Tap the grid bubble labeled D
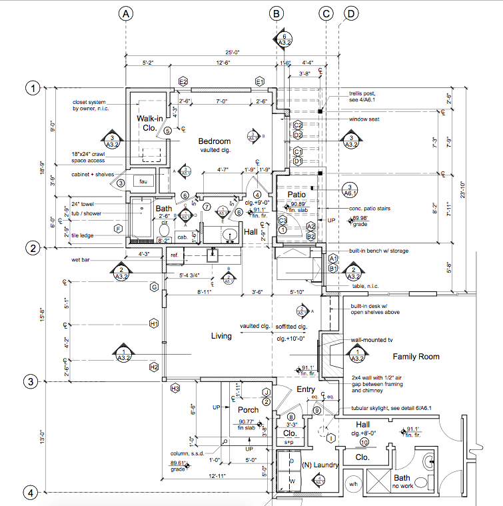coord(350,13)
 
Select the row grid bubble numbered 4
coord(30,493)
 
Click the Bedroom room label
coord(214,141)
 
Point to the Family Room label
coord(416,357)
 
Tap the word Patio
coord(296,194)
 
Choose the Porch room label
coord(248,409)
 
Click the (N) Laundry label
coord(320,465)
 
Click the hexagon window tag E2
coord(183,81)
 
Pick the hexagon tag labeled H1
coord(154,324)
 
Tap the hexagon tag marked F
coord(119,229)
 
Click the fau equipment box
coord(143,181)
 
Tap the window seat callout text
coord(366,119)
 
